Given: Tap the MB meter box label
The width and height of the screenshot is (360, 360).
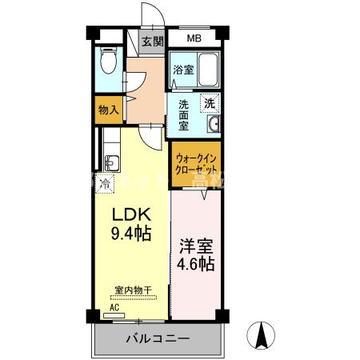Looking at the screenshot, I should point(194,38).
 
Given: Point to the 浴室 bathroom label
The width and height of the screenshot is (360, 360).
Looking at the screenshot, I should point(182,70).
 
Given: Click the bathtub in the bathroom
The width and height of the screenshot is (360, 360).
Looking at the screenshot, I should point(206,70).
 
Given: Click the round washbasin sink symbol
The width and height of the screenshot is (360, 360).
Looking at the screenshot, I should point(214,125).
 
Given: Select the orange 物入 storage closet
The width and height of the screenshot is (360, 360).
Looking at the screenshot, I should point(108,110).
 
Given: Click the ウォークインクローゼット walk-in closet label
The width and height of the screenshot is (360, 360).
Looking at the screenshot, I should point(195,164).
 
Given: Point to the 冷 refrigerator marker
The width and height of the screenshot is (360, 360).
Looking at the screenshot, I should point(105,184).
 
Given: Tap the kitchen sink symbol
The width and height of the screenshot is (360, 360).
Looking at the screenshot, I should point(110,163).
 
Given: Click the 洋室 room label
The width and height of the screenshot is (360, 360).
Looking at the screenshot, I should point(196,247).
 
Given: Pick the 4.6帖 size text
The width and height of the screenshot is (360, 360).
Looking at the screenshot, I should point(196,265).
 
